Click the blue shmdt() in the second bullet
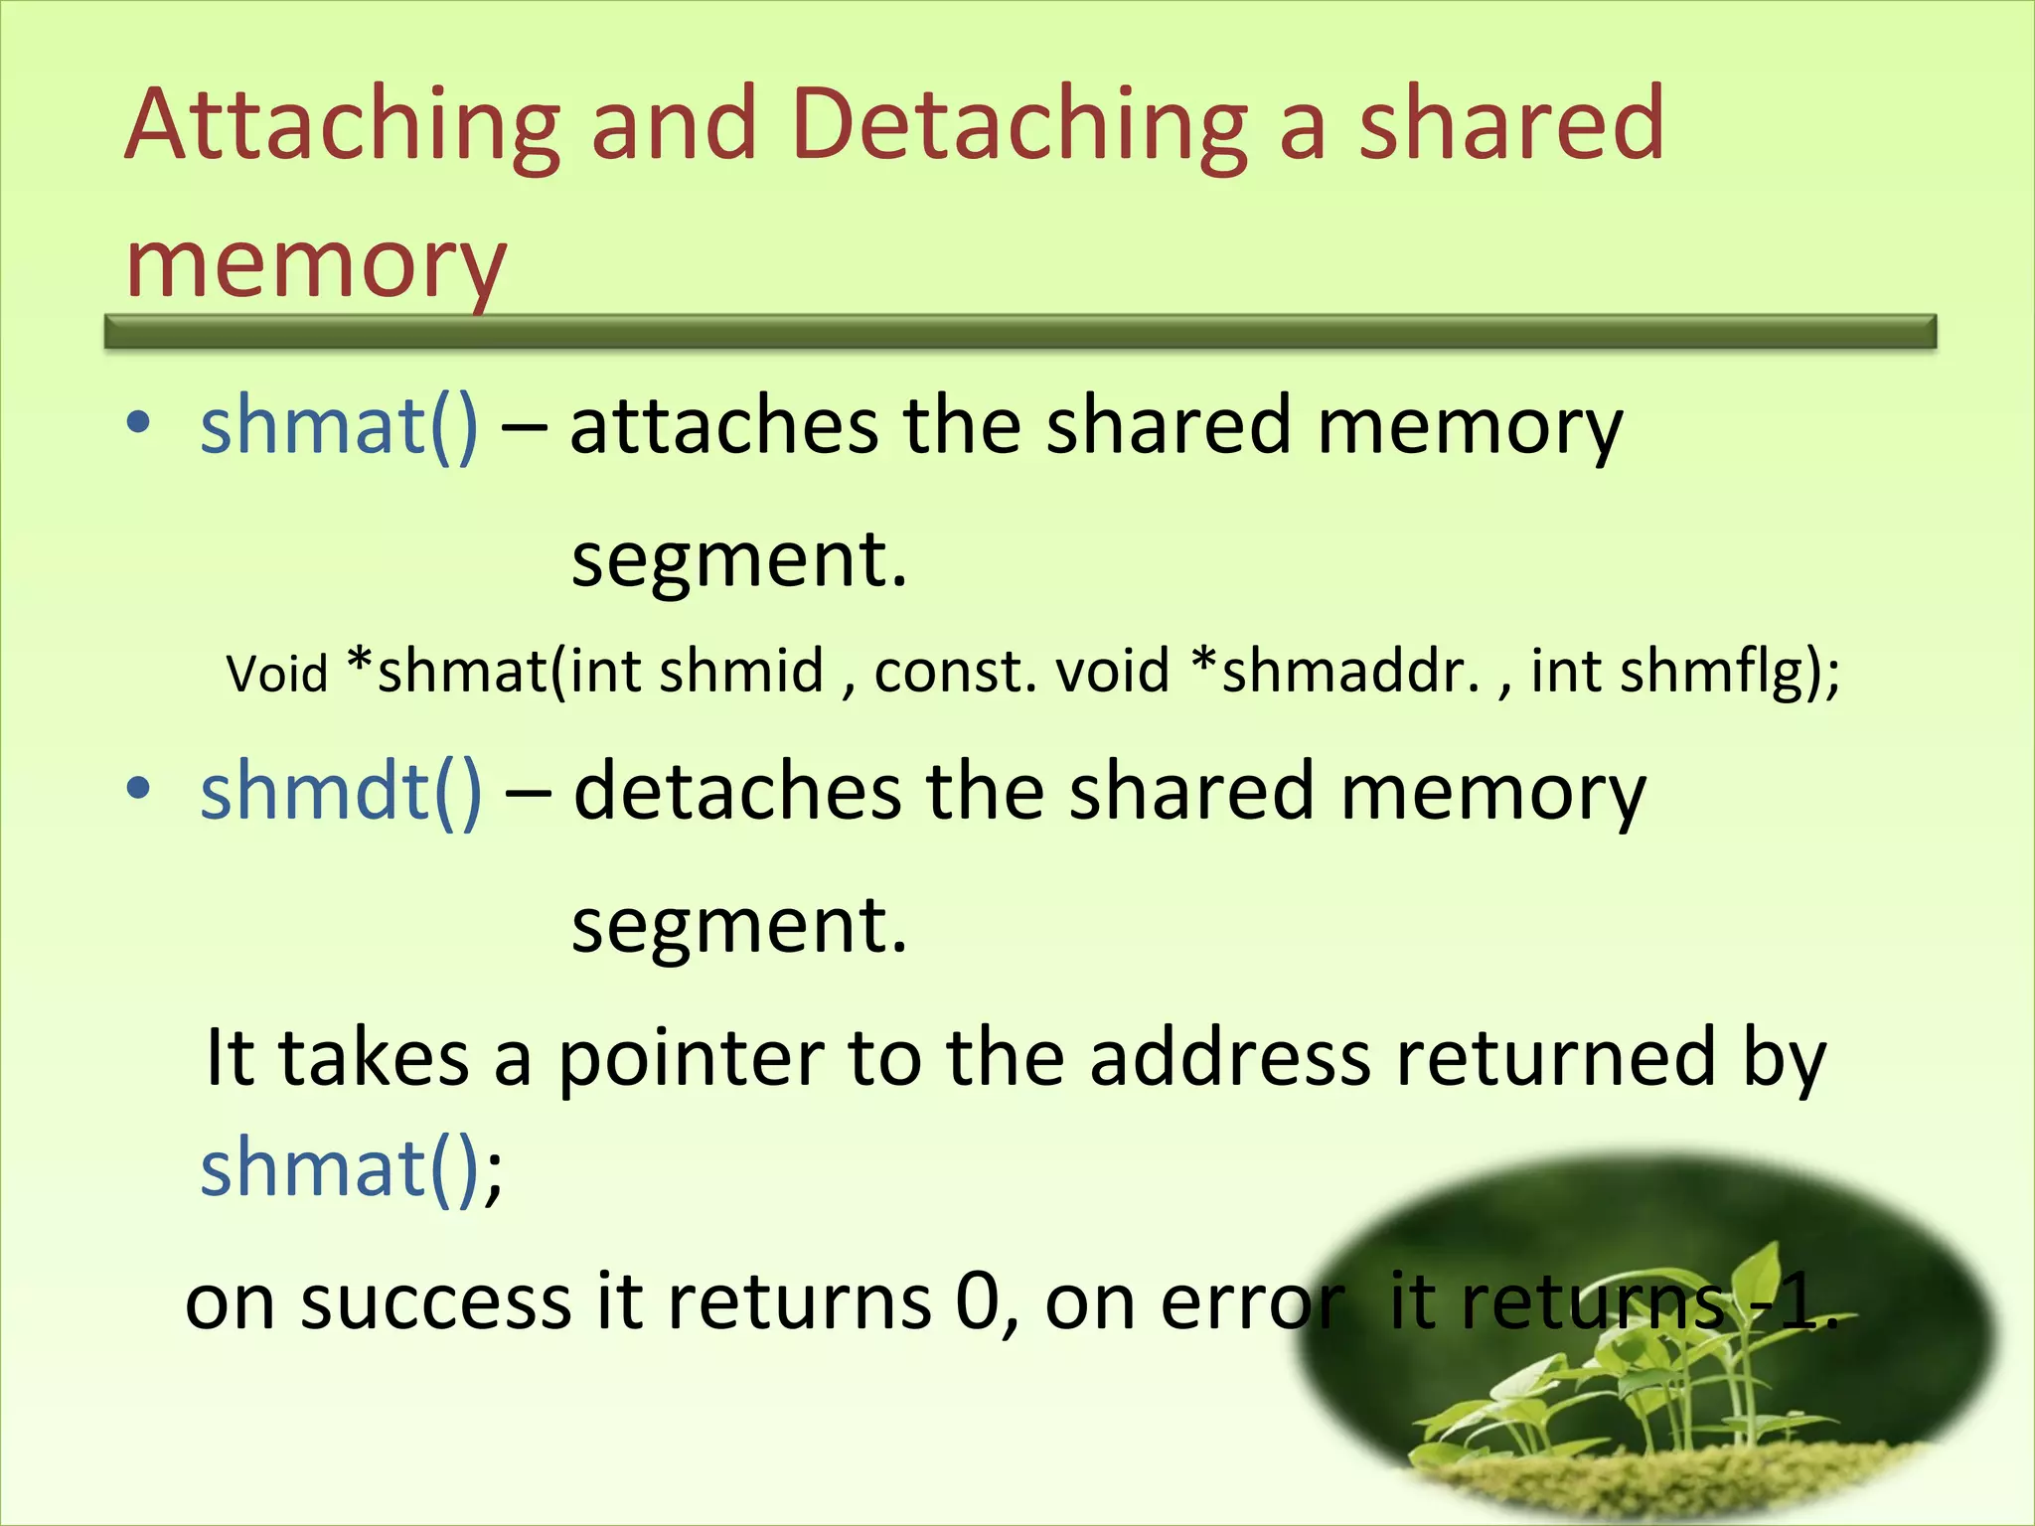coord(341,792)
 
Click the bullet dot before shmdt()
coord(139,789)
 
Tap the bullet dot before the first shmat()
coord(139,423)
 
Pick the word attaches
coord(723,425)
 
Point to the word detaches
coord(737,792)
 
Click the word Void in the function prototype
coord(276,674)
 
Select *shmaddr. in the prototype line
coord(1336,671)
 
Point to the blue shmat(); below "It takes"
coord(351,1168)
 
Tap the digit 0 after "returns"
coord(978,1302)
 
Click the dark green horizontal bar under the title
coord(1019,332)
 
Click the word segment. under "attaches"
coord(739,559)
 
